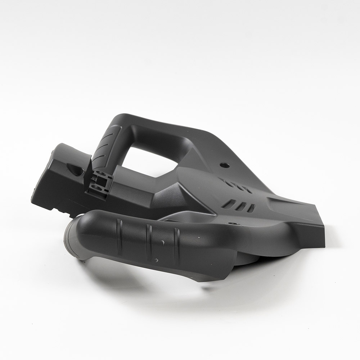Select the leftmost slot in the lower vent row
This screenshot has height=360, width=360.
pyautogui.click(x=227, y=204)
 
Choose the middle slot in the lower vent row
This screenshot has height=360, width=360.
pyautogui.click(x=241, y=206)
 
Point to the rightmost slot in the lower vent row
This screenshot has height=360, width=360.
pyautogui.click(x=252, y=208)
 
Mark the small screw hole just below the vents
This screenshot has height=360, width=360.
pyautogui.click(x=236, y=224)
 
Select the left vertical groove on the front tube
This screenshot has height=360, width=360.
pyautogui.click(x=120, y=236)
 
